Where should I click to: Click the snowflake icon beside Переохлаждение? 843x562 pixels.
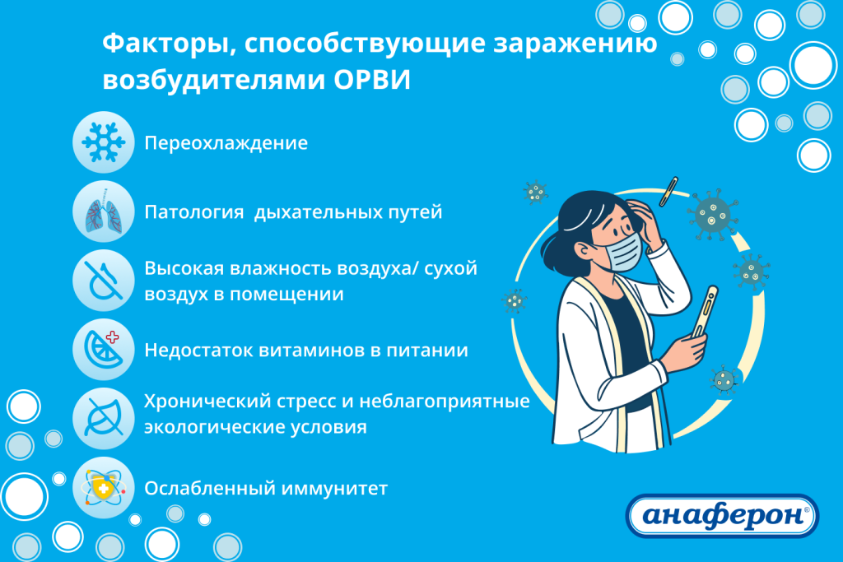(103, 142)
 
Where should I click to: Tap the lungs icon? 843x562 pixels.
(103, 212)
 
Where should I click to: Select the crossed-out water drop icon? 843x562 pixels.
(103, 280)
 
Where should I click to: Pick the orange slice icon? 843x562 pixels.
(103, 350)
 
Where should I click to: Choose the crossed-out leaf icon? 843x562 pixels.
(103, 417)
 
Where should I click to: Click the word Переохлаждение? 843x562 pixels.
(226, 143)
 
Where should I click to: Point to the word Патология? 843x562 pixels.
(194, 212)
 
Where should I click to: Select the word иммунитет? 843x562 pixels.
(333, 489)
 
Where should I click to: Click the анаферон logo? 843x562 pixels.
(723, 517)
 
